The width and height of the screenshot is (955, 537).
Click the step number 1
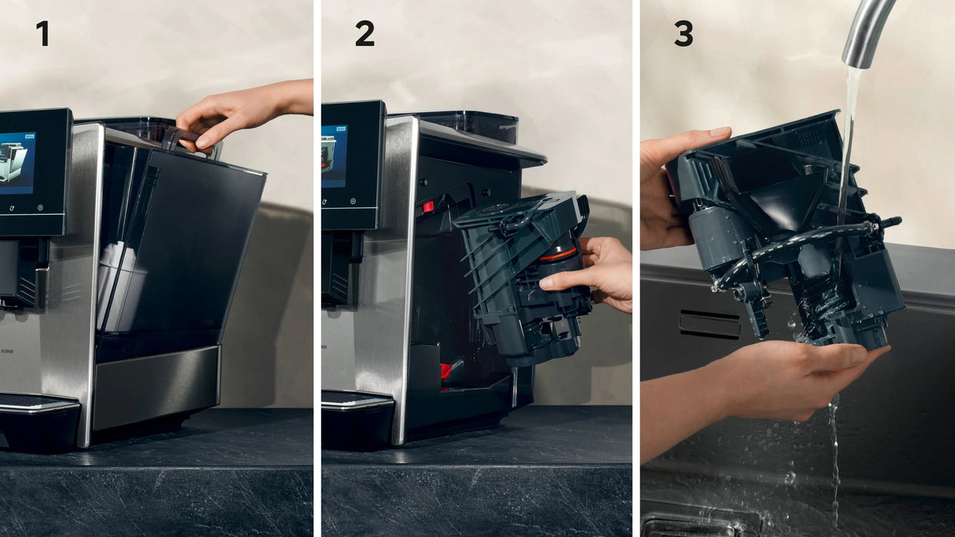coord(42,34)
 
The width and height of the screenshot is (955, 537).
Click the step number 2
coord(365,34)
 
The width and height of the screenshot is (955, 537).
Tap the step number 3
coord(683,34)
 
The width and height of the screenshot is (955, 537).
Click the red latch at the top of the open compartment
coord(427,206)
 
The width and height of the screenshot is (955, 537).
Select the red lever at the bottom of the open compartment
coord(444,371)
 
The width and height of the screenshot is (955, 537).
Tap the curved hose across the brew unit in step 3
coord(798,242)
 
